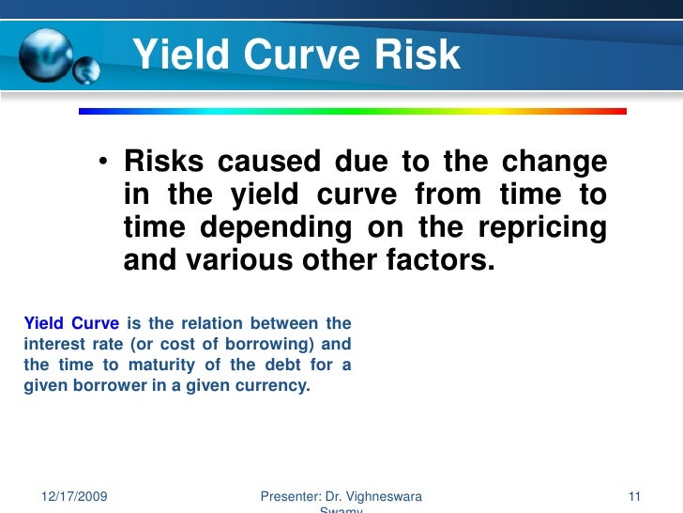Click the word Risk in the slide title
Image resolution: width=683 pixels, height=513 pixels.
click(410, 55)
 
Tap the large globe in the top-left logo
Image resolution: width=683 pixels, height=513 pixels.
click(44, 54)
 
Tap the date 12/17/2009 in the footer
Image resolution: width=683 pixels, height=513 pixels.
click(75, 495)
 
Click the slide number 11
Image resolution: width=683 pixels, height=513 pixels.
click(633, 495)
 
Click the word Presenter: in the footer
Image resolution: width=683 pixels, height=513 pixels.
click(290, 495)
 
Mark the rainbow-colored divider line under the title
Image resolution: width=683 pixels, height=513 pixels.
click(352, 111)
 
